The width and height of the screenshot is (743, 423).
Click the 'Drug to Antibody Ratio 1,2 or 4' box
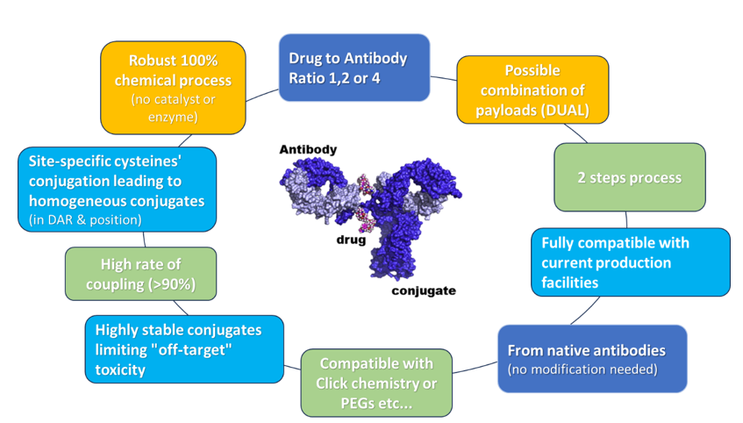pos(354,68)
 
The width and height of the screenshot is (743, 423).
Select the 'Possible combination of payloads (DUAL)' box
pos(532,90)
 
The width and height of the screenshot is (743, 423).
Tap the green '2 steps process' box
pos(629,177)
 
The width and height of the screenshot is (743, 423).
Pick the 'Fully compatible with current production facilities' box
pos(630,262)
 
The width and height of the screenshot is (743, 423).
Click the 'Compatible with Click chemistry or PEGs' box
pos(376,383)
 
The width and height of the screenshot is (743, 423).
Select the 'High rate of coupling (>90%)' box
pos(140,273)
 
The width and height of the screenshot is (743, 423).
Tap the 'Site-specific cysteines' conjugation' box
pos(117,190)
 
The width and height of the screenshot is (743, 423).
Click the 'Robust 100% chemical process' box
pos(173,88)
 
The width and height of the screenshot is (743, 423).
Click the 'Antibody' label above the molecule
pos(308,150)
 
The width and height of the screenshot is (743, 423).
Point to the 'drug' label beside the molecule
pos(349,239)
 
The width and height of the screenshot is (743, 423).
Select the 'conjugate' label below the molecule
pos(423,290)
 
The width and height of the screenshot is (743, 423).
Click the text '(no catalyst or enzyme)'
pos(173,108)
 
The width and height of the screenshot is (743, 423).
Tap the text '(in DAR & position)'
pos(84,219)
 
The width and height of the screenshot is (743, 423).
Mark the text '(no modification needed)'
pos(582,369)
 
